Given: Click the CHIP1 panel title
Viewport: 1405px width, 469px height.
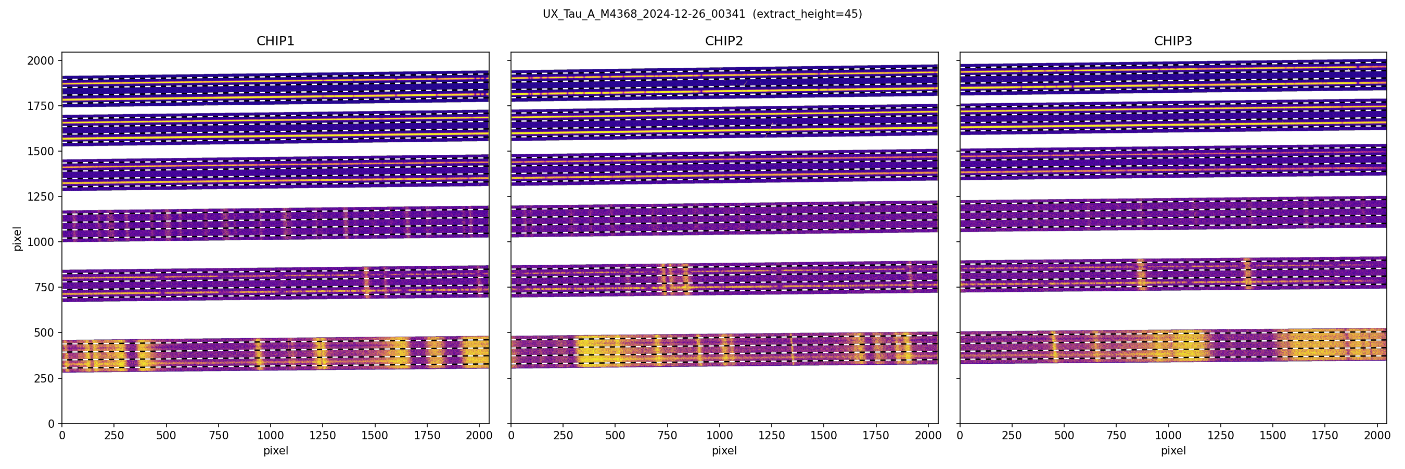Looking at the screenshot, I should click(275, 41).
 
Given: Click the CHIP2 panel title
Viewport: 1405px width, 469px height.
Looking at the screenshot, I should click(724, 41).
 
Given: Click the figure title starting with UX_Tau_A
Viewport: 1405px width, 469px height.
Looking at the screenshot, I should click(644, 14).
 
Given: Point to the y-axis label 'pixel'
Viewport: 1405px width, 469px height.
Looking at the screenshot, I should click(18, 239).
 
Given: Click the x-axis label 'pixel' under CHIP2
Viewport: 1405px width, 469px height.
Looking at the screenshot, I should click(724, 451).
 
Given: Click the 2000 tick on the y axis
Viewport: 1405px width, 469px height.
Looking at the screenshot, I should click(41, 60).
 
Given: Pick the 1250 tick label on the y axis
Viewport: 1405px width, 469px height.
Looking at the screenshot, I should click(41, 196).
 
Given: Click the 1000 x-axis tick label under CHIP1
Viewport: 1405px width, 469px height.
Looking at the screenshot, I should click(271, 436).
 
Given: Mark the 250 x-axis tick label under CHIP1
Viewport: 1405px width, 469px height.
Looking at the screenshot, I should click(114, 436).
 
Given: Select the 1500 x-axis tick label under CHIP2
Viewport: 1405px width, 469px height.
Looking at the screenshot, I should click(824, 436).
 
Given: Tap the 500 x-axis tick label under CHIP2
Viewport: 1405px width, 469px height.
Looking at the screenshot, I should click(615, 436).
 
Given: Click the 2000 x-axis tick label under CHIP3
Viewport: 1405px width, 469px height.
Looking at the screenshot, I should click(1376, 436).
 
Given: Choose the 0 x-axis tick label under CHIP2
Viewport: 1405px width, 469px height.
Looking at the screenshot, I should click(511, 436).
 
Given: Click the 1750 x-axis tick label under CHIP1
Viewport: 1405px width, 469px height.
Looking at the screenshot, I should click(427, 436).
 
